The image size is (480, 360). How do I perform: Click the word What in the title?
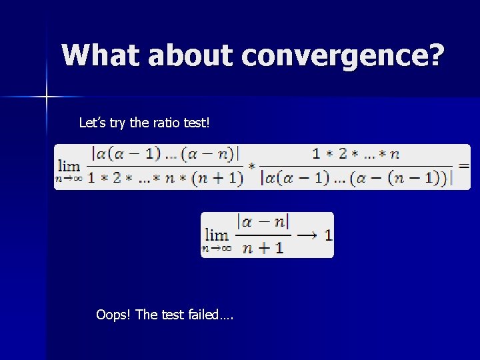100,55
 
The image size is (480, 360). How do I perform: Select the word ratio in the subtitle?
152,123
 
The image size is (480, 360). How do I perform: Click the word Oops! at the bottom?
113,314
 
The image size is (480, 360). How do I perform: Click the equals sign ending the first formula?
463,165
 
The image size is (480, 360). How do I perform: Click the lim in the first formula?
69,165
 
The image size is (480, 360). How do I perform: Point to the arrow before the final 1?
309,234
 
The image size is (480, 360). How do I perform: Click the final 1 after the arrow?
328,234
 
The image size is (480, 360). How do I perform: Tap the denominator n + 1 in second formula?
263,247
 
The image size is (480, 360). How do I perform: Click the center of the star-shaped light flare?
47,97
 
